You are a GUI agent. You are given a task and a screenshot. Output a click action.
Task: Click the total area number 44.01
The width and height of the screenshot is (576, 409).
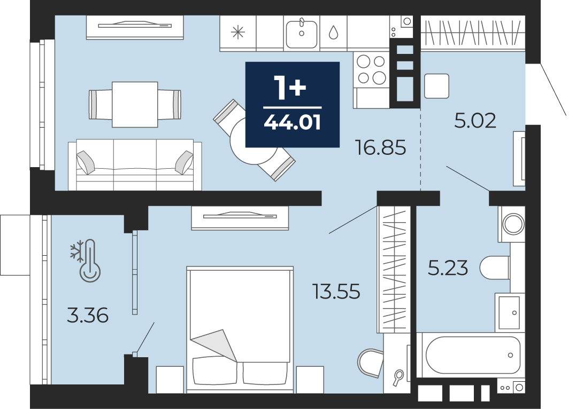pos(293,122)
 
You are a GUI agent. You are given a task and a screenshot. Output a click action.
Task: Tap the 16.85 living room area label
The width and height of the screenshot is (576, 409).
pos(381,147)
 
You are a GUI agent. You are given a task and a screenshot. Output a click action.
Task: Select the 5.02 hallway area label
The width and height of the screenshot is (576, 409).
pos(475,120)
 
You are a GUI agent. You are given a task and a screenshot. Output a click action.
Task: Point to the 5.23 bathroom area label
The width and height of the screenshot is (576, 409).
pos(448,268)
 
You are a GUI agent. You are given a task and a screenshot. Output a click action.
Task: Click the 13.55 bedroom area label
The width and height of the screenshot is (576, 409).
pos(336,292)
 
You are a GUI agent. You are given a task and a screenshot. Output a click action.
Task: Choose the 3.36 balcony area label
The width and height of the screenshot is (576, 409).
pos(87,316)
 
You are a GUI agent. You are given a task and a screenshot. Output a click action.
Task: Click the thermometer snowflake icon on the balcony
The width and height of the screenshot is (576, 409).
pos(86,261)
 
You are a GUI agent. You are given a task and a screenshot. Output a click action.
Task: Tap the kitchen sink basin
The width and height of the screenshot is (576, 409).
pos(302,34)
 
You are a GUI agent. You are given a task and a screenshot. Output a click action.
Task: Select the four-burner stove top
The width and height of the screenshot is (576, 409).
pos(371,70)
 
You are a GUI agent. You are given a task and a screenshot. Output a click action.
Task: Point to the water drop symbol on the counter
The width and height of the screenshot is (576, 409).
pos(334,32)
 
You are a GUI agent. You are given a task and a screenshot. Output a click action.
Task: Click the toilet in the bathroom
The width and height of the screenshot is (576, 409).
pos(495,268)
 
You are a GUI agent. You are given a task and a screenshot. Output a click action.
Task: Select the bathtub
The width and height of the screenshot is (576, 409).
pos(473,355)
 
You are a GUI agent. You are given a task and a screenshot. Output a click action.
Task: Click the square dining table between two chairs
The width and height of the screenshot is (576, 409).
pos(135,105)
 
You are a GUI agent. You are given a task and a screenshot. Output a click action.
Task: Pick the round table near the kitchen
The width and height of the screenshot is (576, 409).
pos(254,141)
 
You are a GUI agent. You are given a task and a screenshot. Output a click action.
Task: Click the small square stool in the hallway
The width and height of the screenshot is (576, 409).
pos(436,86)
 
